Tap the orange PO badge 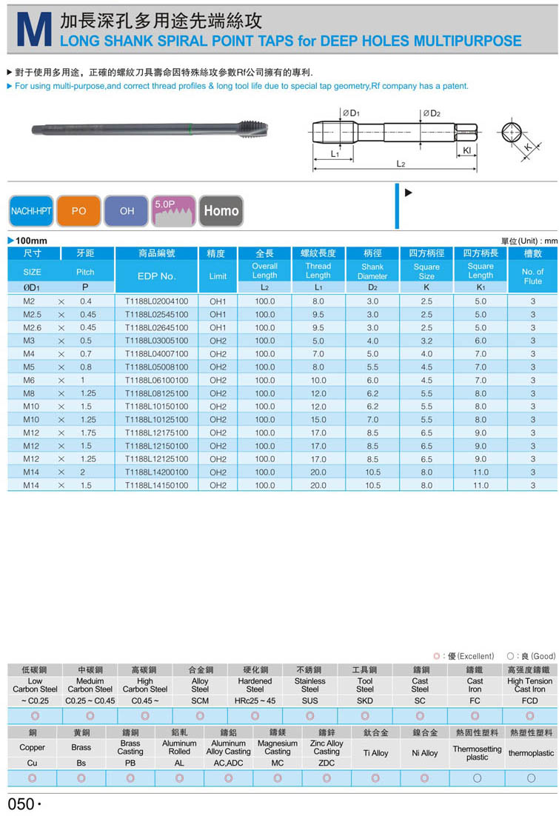coord(78,211)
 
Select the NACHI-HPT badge coord(30,211)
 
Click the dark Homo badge coord(221,211)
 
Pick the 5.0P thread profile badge coord(174,211)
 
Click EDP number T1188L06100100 coord(156,380)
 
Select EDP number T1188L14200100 coord(156,472)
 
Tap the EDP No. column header coord(156,275)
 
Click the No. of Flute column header coord(532,276)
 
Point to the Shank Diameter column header coord(372,271)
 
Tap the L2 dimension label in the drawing coord(401,164)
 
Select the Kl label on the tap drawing coord(467,150)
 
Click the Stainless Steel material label coord(309,685)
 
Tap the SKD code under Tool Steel coord(365,700)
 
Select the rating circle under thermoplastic coord(531,778)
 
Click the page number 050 coord(21,803)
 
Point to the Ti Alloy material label coord(375,753)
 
